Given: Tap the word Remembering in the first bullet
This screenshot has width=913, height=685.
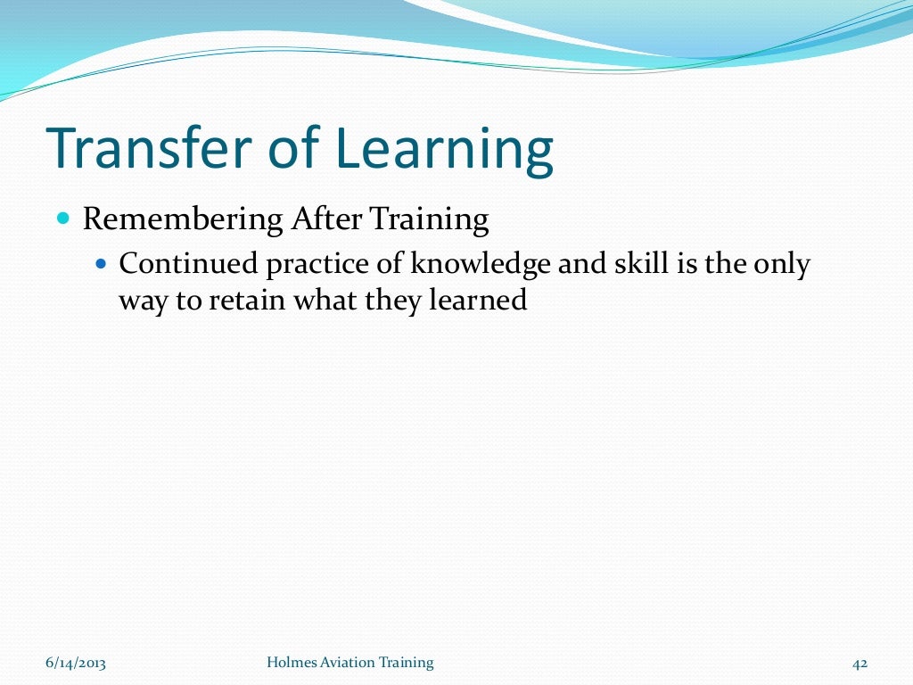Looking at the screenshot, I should pyautogui.click(x=183, y=219).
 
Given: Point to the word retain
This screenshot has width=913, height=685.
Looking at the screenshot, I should pyautogui.click(x=246, y=300).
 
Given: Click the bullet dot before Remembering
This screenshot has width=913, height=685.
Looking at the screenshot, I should pyautogui.click(x=63, y=219).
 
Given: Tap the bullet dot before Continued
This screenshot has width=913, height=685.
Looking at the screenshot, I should pyautogui.click(x=100, y=264).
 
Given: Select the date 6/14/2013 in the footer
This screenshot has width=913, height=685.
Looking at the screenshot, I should pyautogui.click(x=77, y=663).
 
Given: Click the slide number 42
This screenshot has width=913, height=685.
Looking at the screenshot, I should pyautogui.click(x=860, y=663).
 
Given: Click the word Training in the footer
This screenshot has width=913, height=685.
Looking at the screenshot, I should pyautogui.click(x=407, y=662).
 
